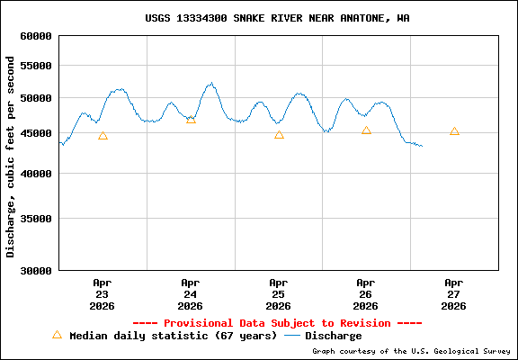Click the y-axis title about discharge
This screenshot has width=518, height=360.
click(11, 157)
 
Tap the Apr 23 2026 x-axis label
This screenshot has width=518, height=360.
click(103, 293)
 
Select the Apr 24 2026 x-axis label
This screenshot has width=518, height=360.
click(191, 293)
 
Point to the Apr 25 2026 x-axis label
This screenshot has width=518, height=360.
click(279, 293)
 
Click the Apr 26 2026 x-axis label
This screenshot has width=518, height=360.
click(366, 293)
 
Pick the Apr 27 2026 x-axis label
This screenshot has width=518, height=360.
click(454, 293)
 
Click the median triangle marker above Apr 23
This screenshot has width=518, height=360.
click(103, 136)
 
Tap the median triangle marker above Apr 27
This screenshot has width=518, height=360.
click(454, 131)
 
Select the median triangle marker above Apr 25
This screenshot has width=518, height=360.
click(279, 135)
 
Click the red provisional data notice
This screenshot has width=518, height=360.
click(277, 323)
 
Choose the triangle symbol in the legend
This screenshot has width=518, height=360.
click(57, 335)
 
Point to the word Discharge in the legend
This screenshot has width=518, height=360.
click(334, 336)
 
